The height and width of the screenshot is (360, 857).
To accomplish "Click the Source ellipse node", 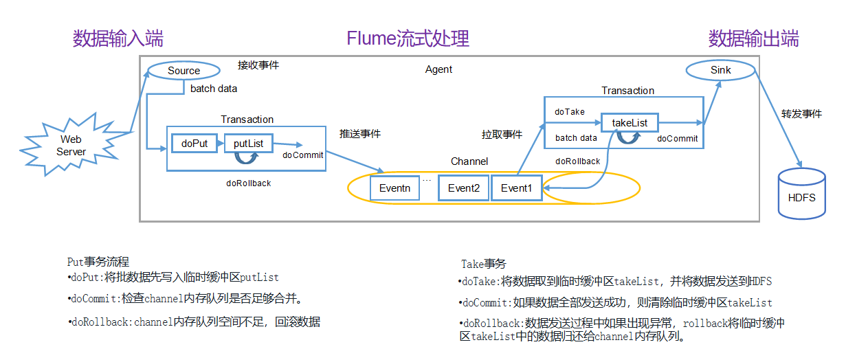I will point(183,71).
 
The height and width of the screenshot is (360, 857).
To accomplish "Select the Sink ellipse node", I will point(720,70).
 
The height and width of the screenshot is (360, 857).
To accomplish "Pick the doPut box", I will point(194,144).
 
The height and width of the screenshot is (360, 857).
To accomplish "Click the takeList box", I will point(629,123).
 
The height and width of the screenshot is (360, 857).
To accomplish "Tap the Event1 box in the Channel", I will point(516,188).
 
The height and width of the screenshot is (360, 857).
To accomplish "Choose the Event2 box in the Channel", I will point(463,188).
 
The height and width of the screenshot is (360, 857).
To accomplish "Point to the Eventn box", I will point(394,188).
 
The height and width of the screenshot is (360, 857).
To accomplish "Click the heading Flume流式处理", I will point(408,38).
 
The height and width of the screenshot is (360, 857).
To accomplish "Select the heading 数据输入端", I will point(118,38).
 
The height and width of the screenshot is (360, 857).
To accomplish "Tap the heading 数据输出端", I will point(753,38).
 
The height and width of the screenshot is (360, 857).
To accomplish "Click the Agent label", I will point(438,69).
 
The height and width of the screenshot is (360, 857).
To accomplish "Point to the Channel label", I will point(469,161).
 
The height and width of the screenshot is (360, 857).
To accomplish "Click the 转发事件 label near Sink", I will point(801,113).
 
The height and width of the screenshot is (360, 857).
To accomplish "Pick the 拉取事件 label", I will point(501,135).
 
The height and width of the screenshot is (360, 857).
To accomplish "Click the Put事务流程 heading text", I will point(98,262).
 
